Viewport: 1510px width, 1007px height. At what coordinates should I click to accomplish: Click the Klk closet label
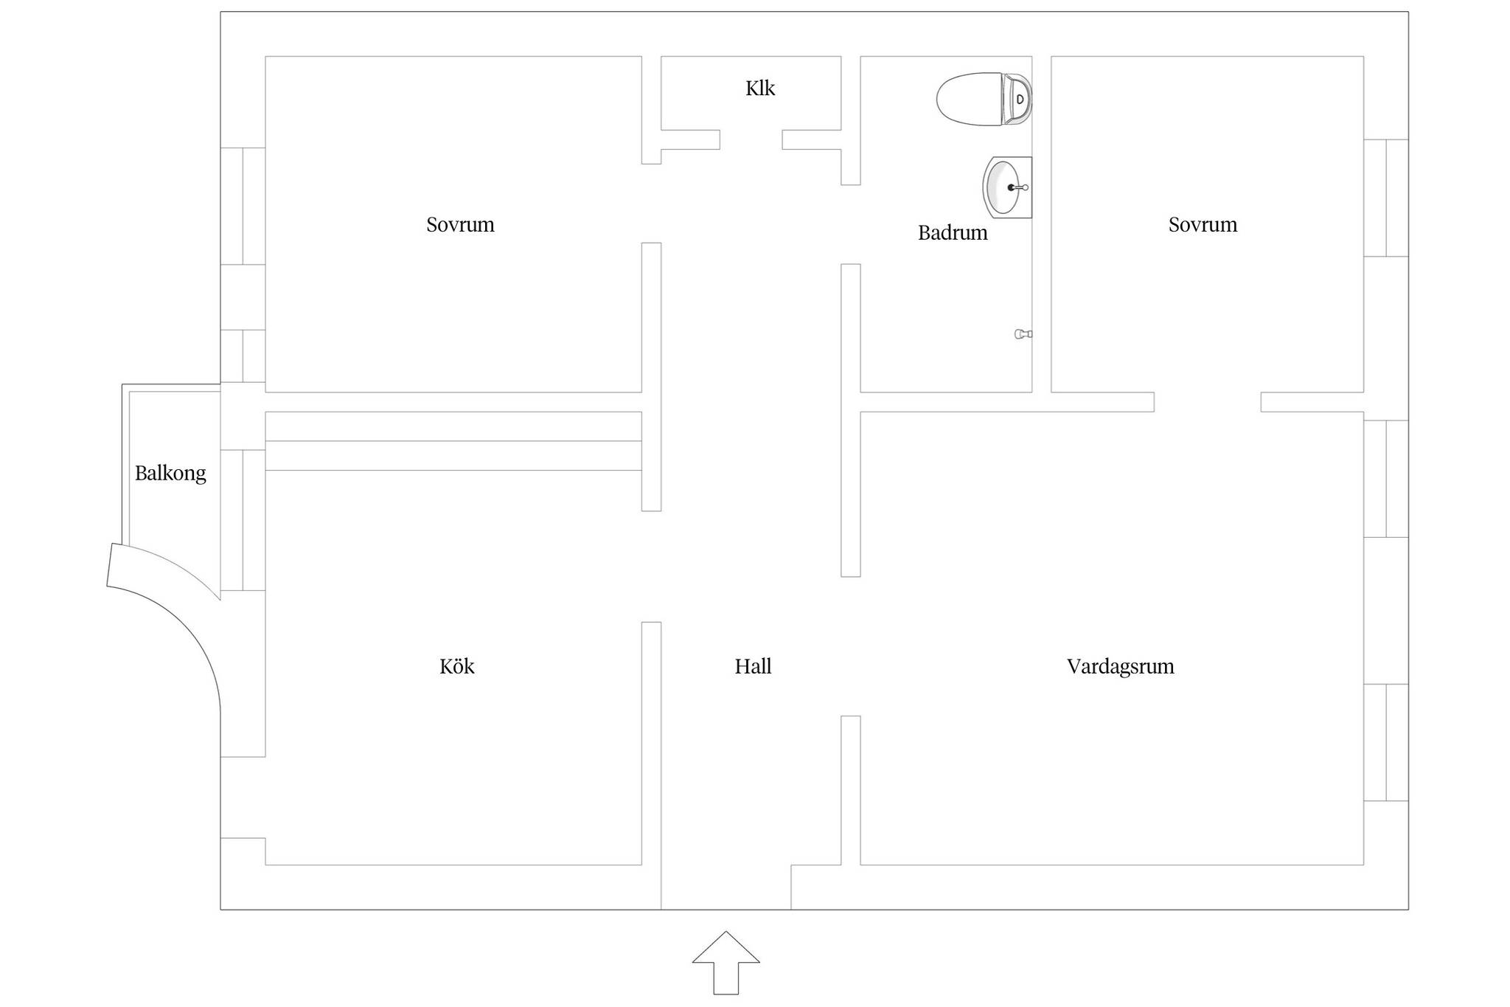pyautogui.click(x=760, y=89)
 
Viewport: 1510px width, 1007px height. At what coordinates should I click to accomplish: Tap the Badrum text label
pyautogui.click(x=953, y=233)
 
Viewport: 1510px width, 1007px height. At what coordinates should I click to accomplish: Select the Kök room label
pyautogui.click(x=457, y=666)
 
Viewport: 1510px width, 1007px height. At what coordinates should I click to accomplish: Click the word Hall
pyautogui.click(x=753, y=666)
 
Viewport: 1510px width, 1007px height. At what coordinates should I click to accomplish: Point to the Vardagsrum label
pyautogui.click(x=1120, y=667)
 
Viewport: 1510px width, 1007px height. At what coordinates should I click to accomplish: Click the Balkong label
pyautogui.click(x=170, y=474)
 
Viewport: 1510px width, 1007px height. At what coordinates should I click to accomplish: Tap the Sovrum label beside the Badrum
pyautogui.click(x=1203, y=224)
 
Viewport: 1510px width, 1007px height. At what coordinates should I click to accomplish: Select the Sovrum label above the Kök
pyautogui.click(x=460, y=224)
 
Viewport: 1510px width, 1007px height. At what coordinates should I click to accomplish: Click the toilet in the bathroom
pyautogui.click(x=984, y=99)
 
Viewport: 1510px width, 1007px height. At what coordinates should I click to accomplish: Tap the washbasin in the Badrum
pyautogui.click(x=1007, y=187)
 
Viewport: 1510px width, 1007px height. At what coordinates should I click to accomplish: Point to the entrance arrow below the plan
pyautogui.click(x=726, y=963)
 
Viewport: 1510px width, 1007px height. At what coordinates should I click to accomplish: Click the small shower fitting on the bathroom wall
pyautogui.click(x=1023, y=334)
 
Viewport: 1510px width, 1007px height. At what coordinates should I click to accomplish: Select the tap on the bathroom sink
pyautogui.click(x=1018, y=187)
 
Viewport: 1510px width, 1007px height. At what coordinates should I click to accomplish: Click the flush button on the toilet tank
pyautogui.click(x=1020, y=99)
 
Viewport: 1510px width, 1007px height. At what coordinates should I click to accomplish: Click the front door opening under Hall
pyautogui.click(x=726, y=908)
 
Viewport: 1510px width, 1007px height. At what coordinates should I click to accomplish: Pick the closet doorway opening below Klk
pyautogui.click(x=751, y=139)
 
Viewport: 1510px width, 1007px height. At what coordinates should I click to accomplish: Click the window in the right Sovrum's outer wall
pyautogui.click(x=1386, y=198)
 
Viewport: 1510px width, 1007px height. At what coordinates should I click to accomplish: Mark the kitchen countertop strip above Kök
pyautogui.click(x=453, y=441)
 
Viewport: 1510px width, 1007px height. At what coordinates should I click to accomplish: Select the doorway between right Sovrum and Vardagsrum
pyautogui.click(x=1207, y=402)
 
